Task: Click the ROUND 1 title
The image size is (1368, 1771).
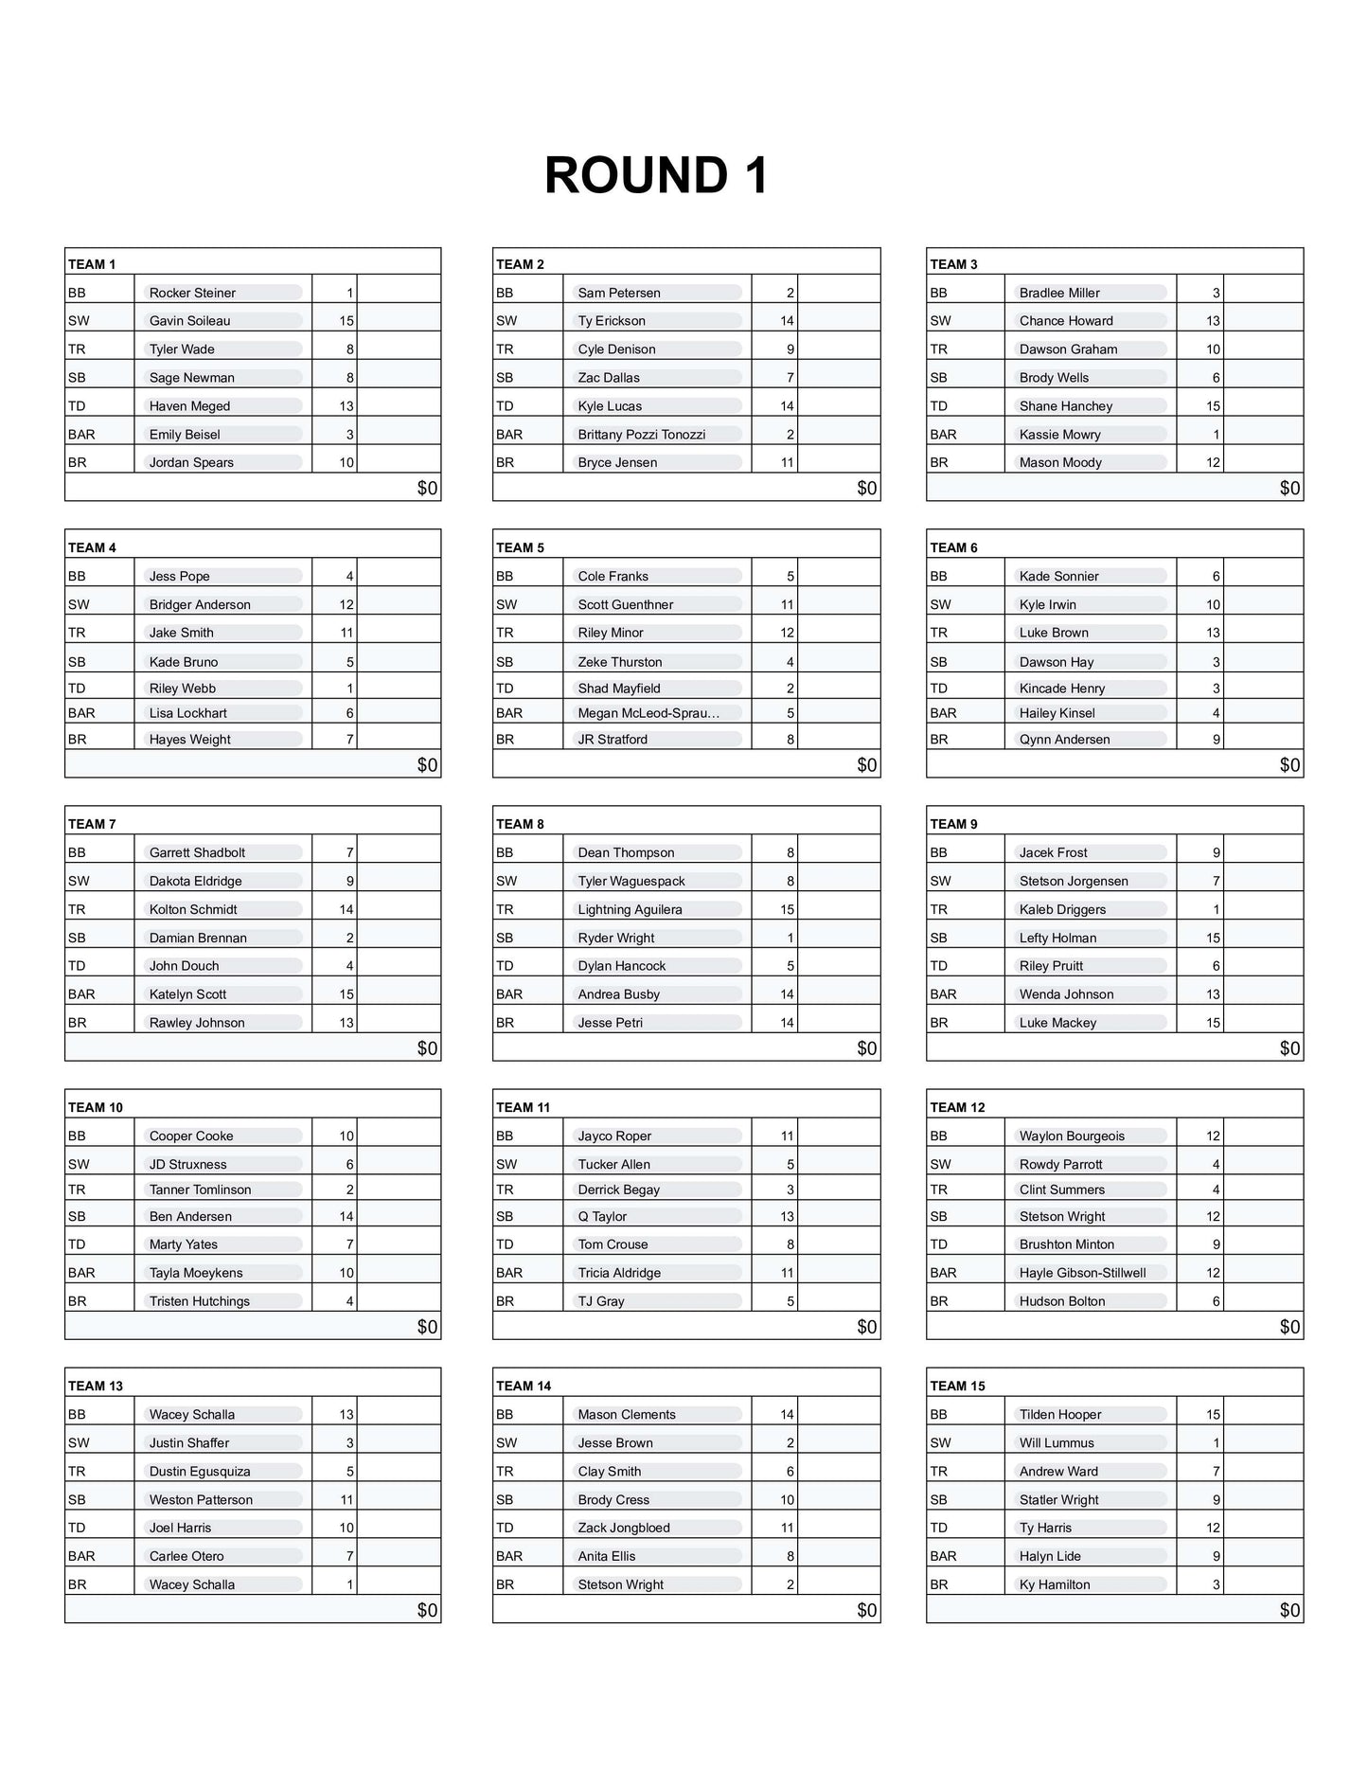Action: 656,176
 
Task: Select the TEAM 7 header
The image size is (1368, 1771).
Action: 92,824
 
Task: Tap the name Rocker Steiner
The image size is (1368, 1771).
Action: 192,293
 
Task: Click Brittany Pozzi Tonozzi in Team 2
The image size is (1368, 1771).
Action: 641,435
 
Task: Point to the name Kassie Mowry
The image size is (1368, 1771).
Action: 1059,435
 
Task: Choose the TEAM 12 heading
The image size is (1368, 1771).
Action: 957,1107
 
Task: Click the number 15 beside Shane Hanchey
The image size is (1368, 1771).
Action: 1213,406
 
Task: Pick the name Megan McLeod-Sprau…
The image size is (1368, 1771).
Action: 648,713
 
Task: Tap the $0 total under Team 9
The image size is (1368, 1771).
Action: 1289,1048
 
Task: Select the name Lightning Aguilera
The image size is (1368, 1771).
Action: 630,909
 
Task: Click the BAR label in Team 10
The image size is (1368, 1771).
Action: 81,1273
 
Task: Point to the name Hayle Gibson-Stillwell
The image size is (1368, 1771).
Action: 1082,1273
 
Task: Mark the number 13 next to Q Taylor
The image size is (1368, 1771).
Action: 787,1216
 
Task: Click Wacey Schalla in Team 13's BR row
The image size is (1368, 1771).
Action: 192,1584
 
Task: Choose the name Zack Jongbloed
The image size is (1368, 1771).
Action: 624,1528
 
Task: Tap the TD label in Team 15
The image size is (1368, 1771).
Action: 938,1528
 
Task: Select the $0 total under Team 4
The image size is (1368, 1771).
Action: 428,764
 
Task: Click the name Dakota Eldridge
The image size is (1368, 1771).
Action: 195,881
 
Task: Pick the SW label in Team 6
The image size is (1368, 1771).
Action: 940,604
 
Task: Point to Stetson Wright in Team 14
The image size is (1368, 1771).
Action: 620,1584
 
